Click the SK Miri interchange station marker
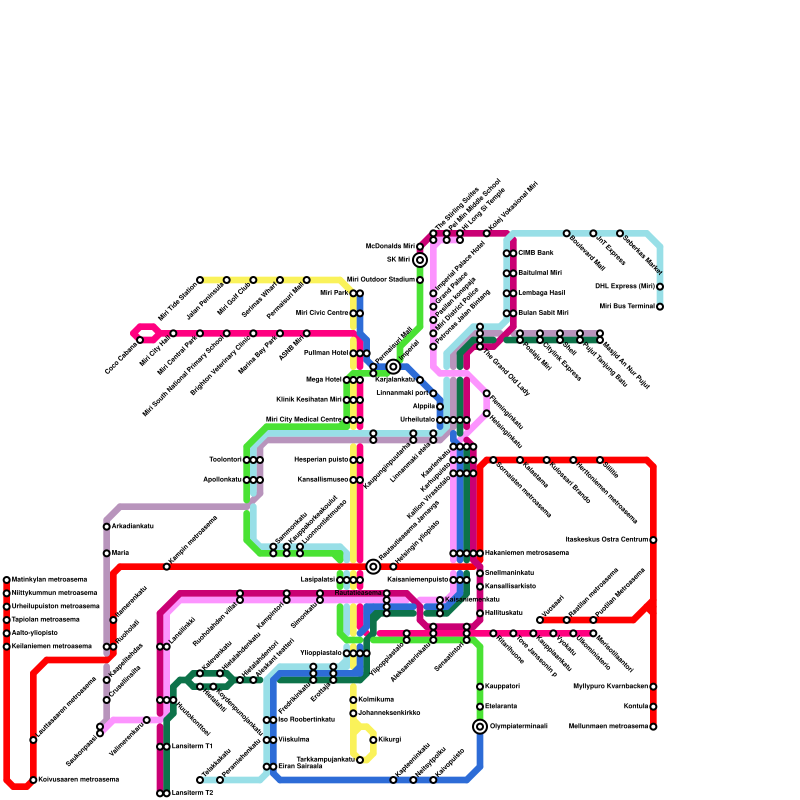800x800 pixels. click(420, 260)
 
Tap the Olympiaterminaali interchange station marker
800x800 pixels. click(480, 726)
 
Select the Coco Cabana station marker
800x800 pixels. click(140, 340)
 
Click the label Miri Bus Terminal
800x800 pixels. click(627, 306)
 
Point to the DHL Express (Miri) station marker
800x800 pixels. click(660, 286)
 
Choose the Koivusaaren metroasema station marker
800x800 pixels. click(33, 780)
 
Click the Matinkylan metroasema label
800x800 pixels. click(49, 580)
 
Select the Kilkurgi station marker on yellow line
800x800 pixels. click(373, 740)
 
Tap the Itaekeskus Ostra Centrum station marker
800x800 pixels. click(653, 540)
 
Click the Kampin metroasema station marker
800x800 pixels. click(166, 566)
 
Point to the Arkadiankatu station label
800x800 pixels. click(132, 526)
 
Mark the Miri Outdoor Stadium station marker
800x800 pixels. click(420, 280)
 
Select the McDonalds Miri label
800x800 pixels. click(390, 246)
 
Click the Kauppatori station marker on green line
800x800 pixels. click(480, 686)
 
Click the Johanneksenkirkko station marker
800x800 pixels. click(353, 713)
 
